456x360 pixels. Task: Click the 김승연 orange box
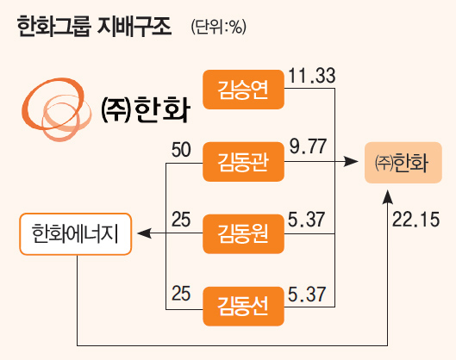243,90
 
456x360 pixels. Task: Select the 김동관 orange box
243,162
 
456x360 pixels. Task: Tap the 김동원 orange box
243,234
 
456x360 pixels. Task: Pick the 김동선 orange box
243,307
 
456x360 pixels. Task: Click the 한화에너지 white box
76,234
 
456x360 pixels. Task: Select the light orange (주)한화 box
403,163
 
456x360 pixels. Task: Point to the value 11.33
312,76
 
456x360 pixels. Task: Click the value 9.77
308,146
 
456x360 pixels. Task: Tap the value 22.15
415,220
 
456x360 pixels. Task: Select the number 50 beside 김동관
181,150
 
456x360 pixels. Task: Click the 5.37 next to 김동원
306,220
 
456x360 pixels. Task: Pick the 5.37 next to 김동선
307,294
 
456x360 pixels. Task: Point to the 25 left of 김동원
181,220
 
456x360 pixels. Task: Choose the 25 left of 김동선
181,294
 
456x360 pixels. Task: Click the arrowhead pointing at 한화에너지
144,233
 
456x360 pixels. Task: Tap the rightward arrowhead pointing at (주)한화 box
351,161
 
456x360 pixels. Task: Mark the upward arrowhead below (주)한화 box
387,197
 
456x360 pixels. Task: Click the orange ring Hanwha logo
56,109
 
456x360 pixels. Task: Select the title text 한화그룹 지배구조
94,27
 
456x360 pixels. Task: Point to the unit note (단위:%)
219,28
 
